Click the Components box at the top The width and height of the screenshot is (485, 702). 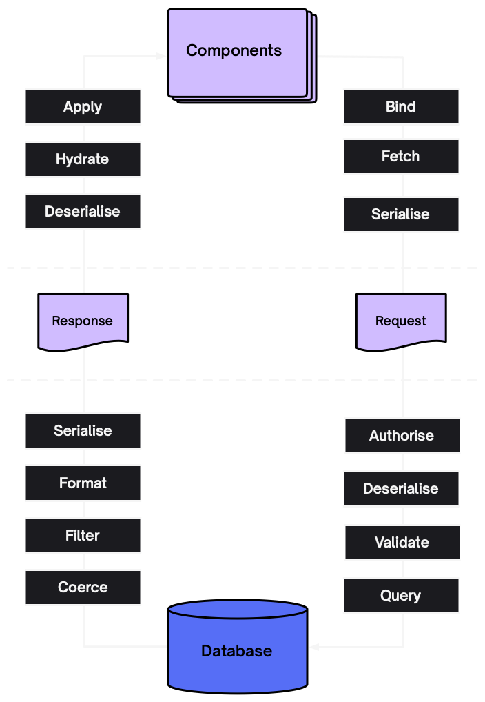click(238, 52)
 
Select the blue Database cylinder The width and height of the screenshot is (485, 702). click(238, 648)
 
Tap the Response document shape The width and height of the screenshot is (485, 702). click(83, 321)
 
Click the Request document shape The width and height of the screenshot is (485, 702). click(401, 321)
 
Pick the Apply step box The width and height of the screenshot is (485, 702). click(83, 107)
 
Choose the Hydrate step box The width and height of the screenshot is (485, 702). click(83, 159)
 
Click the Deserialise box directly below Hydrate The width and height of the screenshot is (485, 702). click(83, 212)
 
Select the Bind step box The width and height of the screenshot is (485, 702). click(401, 107)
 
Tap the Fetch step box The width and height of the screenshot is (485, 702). click(401, 157)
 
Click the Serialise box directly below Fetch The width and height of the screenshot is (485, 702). click(401, 214)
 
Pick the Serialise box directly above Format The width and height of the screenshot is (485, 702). click(83, 431)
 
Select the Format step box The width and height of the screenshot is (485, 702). click(83, 483)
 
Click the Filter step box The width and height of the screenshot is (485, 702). click(83, 536)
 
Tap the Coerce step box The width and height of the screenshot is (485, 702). click(83, 588)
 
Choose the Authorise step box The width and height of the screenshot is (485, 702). click(402, 436)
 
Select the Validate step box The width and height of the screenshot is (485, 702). click(402, 543)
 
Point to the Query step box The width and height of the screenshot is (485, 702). click(401, 596)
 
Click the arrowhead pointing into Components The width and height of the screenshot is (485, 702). click(162, 56)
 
